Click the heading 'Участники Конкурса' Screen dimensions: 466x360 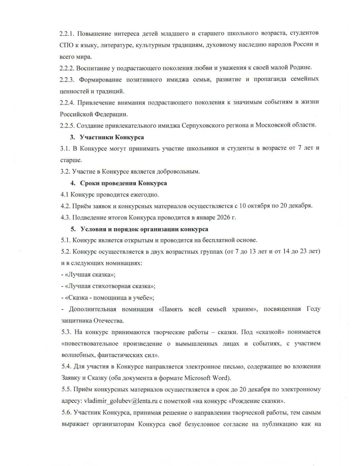(x=112, y=137)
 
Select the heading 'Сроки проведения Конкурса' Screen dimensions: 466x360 (x=123, y=183)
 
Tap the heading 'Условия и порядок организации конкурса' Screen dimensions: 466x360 (x=144, y=229)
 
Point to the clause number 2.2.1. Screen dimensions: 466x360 (x=67, y=33)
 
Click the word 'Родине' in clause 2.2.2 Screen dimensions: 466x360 (x=301, y=68)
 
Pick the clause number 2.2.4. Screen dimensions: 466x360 (x=67, y=102)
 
